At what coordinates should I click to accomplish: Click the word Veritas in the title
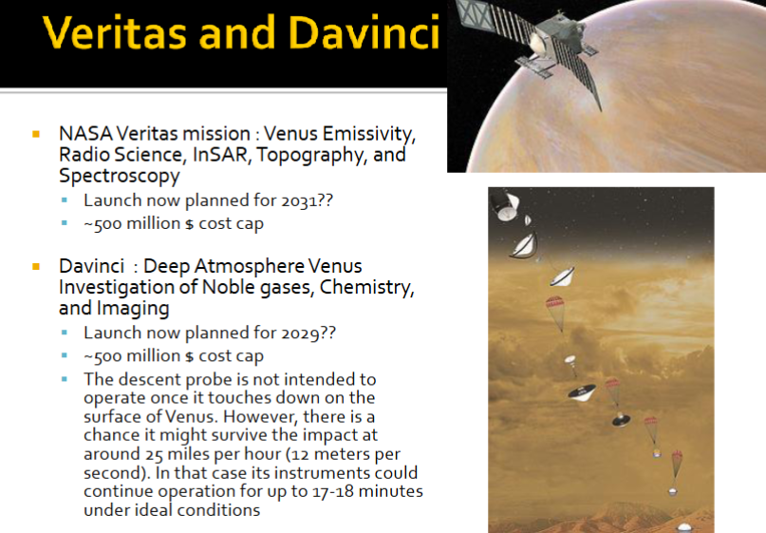(114, 32)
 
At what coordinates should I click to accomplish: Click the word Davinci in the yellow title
(364, 32)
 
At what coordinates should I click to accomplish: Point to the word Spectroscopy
(120, 176)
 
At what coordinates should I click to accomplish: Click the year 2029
(300, 333)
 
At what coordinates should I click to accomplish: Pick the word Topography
(312, 156)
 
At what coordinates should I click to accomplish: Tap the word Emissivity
(369, 134)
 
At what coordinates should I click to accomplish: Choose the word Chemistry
(367, 288)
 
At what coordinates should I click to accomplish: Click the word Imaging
(133, 309)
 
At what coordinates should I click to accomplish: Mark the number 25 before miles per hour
(154, 454)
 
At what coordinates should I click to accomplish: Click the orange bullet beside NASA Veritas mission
(36, 134)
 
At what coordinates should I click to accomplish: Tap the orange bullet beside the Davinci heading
(36, 266)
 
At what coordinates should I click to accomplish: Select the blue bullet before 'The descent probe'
(65, 379)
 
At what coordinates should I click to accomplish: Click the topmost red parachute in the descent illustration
(555, 303)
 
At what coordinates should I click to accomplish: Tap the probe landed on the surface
(684, 527)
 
